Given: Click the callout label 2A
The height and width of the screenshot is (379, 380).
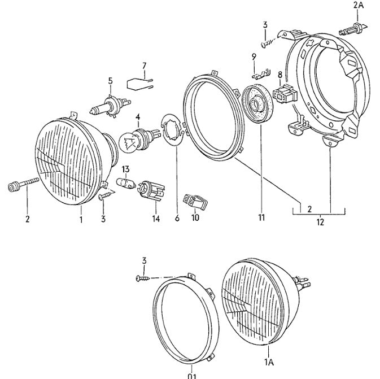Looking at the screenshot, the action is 359,5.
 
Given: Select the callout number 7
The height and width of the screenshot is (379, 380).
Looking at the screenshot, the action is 144,66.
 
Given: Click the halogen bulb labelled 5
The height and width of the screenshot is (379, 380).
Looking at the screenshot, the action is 110,106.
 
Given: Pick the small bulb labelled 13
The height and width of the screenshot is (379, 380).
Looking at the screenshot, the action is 126,183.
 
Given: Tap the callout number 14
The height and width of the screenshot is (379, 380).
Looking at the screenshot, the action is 156,218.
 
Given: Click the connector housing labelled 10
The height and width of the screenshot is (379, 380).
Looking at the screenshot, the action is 195,202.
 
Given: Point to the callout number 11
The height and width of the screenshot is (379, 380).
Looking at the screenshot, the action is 261,217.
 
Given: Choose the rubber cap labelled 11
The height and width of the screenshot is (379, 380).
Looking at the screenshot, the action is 258,103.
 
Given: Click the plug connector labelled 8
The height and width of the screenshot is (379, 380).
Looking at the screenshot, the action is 285,94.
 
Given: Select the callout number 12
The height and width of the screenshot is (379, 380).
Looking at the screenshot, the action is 320,221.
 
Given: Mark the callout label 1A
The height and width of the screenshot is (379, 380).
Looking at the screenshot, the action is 269,362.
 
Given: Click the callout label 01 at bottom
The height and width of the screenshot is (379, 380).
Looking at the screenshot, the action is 192,376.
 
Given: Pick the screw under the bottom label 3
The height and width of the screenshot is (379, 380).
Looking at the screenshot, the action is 143,278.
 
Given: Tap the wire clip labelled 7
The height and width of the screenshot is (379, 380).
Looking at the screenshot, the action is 139,84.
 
